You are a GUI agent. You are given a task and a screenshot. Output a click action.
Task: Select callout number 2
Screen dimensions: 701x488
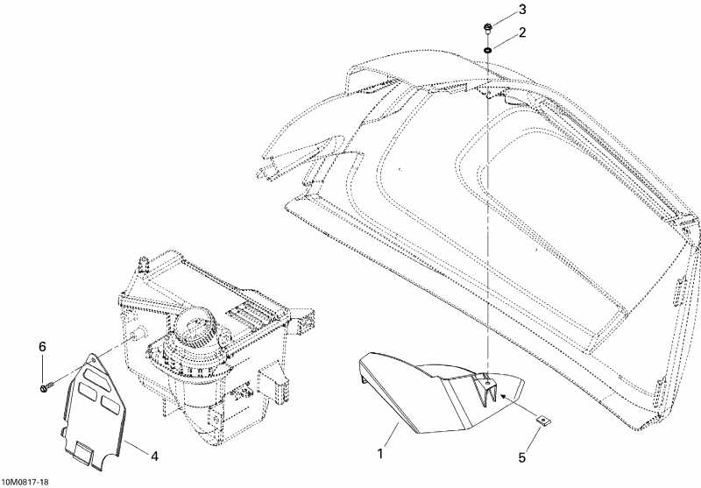[521, 32]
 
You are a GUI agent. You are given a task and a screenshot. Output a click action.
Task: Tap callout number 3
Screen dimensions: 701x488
[521, 10]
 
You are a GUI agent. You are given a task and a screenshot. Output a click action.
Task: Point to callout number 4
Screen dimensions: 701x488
[154, 456]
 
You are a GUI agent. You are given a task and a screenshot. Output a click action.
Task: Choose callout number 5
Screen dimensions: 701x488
[521, 457]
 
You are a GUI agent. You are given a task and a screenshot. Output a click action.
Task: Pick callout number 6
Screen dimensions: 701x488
[42, 347]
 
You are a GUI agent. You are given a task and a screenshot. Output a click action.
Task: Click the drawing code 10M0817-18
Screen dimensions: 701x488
[25, 482]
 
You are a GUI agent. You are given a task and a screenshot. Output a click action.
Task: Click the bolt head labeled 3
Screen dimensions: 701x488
[487, 29]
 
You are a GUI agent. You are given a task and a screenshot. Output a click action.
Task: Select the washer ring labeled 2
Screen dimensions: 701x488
[487, 50]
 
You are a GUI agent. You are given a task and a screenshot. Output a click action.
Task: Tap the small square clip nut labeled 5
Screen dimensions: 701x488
[542, 420]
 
